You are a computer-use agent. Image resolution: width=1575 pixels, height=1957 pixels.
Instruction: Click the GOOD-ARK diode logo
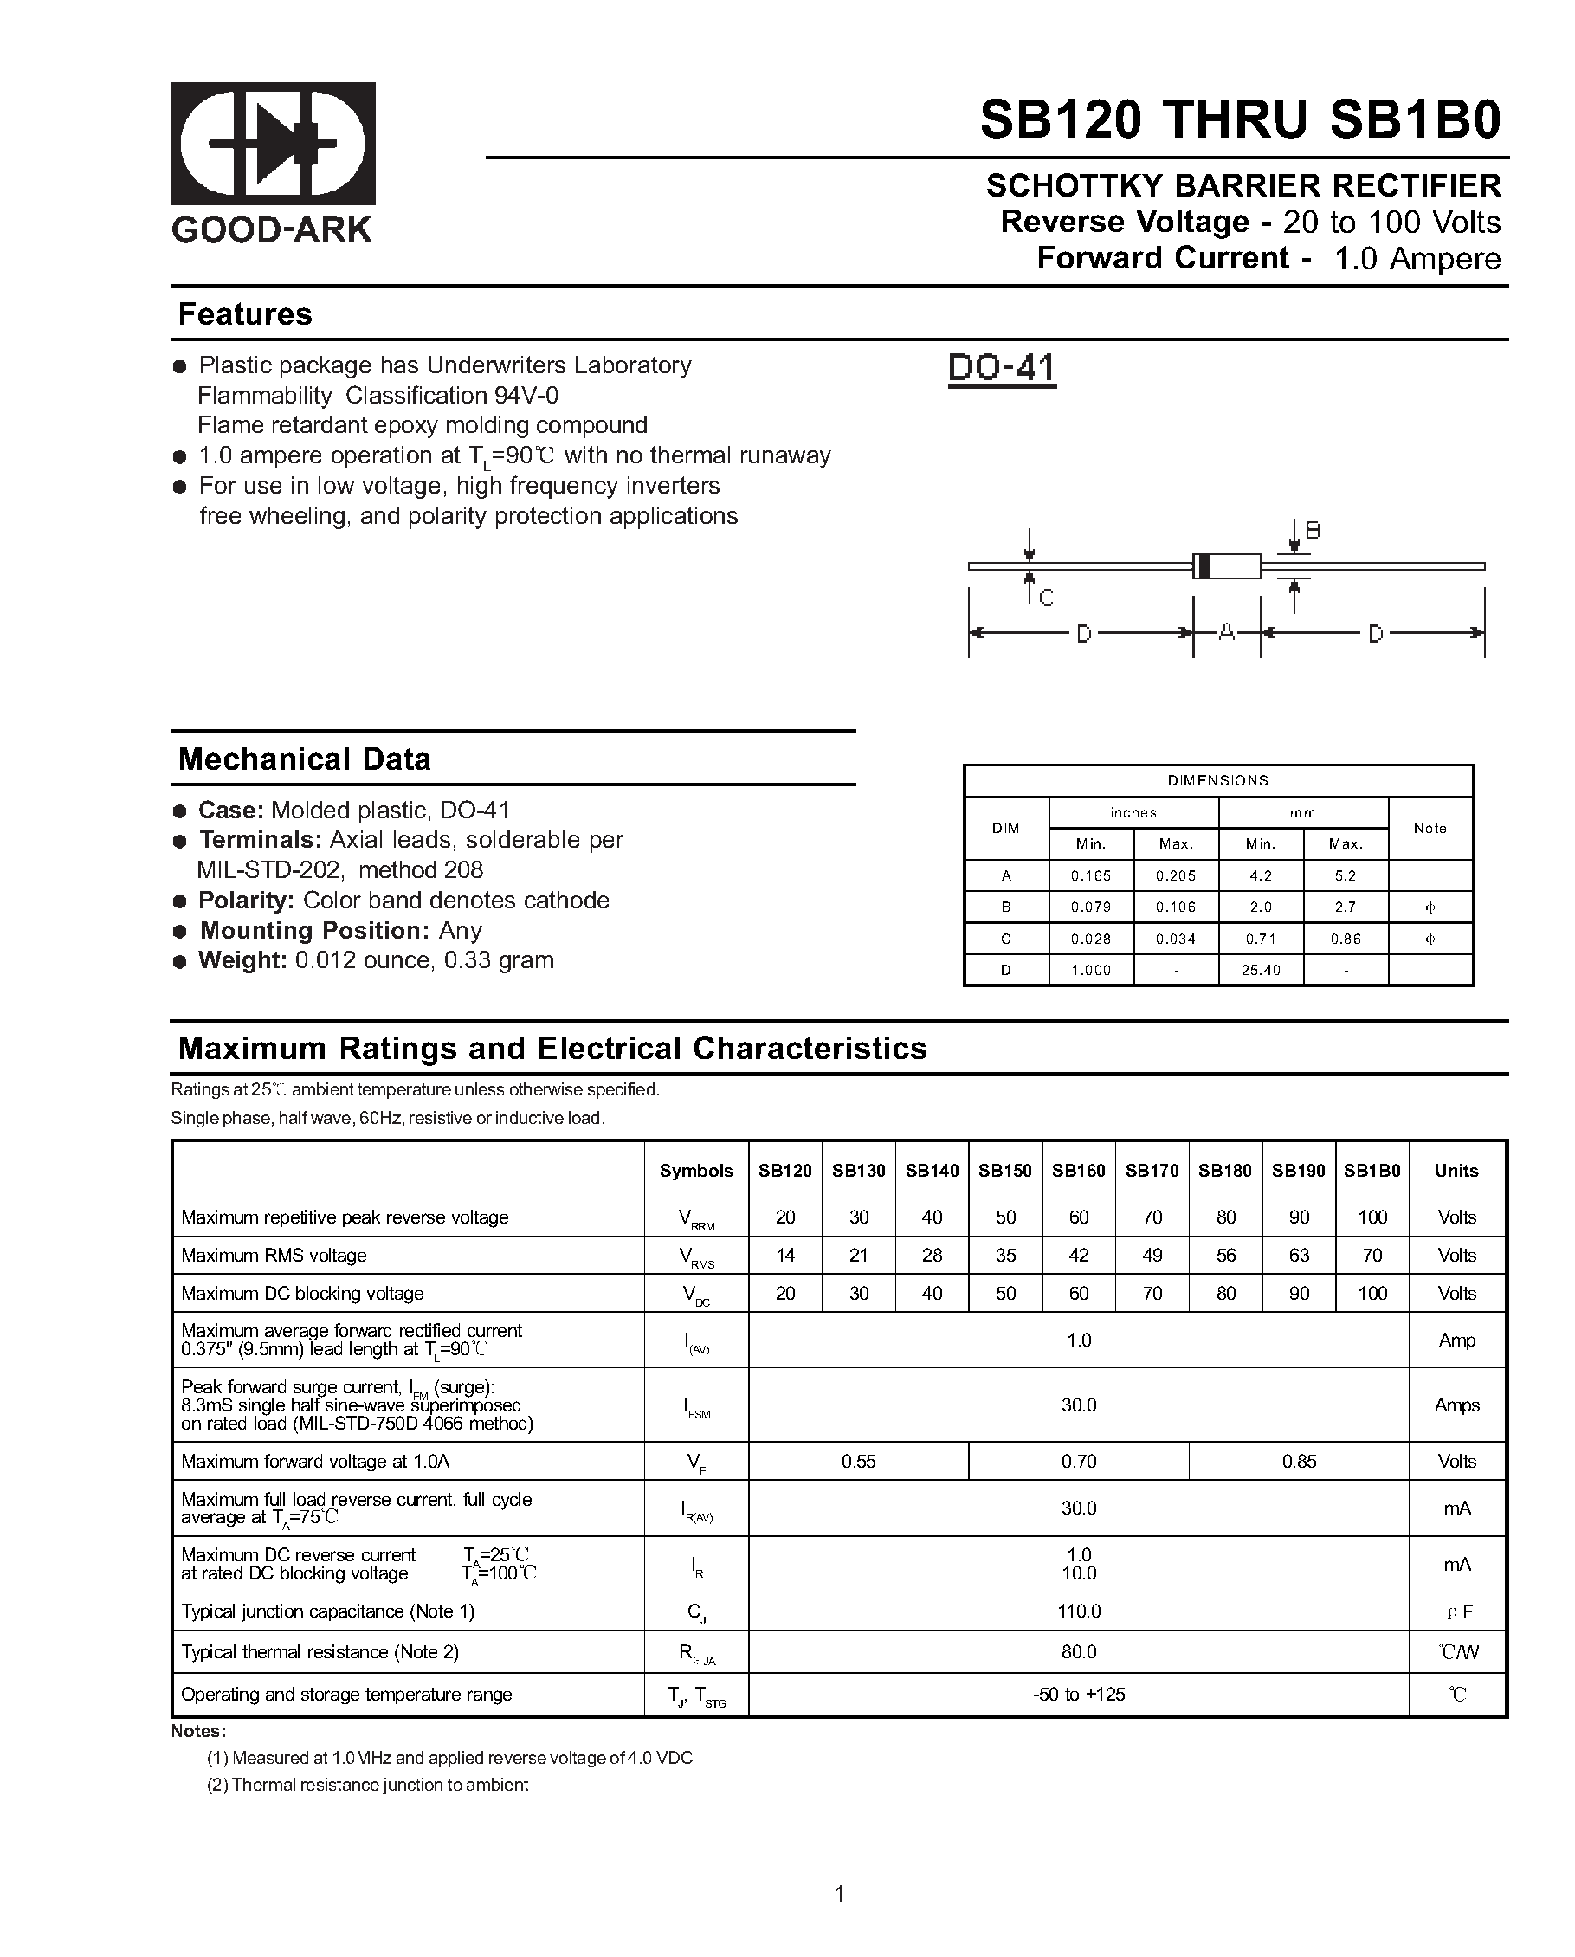tap(273, 144)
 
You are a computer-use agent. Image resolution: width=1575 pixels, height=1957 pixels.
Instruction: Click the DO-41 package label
tap(1001, 368)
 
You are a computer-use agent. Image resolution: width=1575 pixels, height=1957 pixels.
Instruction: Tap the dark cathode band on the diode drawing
tap(1203, 565)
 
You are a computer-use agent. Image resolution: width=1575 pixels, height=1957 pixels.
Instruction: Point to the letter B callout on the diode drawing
tap(1313, 531)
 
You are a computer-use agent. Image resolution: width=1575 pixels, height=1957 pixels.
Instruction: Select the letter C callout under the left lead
tap(1046, 598)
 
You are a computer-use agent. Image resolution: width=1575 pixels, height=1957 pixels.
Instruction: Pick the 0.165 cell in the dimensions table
tap(1090, 876)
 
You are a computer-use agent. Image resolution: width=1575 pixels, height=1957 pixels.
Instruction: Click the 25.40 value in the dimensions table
tap(1260, 971)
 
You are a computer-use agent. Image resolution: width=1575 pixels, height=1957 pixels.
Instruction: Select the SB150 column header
tap(1005, 1171)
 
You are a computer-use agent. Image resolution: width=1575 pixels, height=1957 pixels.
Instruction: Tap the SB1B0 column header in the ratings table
tap(1372, 1171)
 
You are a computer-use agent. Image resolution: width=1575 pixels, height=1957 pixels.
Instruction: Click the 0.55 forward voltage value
tap(858, 1462)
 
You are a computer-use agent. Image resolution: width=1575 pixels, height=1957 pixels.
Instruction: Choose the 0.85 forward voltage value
tap(1299, 1462)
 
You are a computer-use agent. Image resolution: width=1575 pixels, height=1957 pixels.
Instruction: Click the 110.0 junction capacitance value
tap(1079, 1611)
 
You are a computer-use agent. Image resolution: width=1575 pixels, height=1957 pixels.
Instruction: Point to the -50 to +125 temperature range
tap(1079, 1695)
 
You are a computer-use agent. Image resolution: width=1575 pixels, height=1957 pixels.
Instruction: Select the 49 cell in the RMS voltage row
tap(1152, 1256)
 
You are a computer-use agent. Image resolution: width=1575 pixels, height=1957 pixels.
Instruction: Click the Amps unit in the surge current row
tap(1456, 1405)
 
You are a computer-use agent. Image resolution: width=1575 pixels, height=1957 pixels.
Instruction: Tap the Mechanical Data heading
tap(304, 759)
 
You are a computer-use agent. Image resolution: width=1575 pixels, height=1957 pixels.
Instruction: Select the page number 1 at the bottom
tap(839, 1895)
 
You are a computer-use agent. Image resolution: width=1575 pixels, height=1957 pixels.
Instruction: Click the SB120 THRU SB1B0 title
tap(1240, 119)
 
